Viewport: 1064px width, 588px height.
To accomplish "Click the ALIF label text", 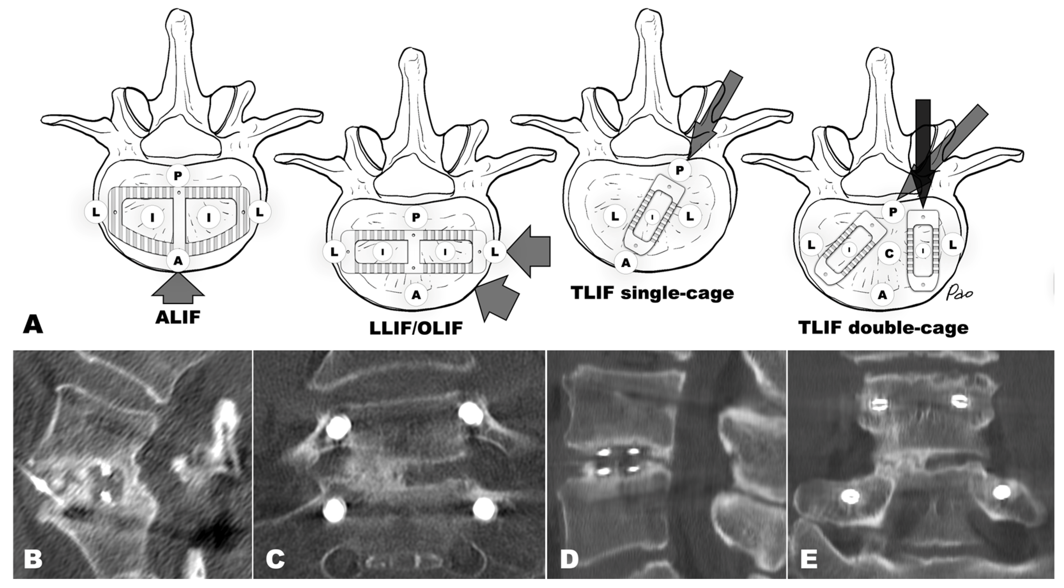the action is (178, 317).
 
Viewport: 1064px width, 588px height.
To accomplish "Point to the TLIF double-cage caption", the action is (883, 327).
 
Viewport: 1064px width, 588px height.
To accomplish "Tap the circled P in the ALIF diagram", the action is (178, 176).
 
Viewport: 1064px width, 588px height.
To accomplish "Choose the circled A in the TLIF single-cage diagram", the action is (626, 262).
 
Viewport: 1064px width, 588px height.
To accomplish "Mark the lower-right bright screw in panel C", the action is (485, 509).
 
